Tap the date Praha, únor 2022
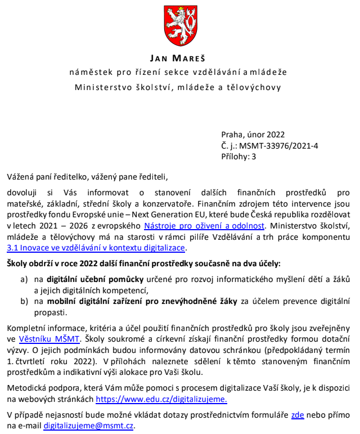pos(253,135)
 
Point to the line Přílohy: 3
pos(238,156)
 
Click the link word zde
pos(298,414)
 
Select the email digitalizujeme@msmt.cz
pos(88,426)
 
